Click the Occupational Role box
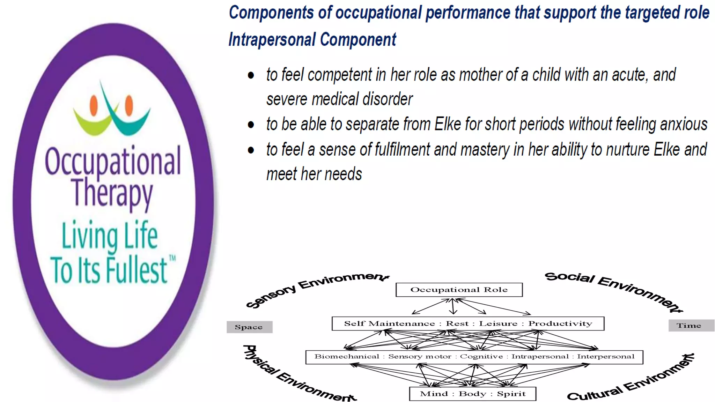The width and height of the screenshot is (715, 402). click(459, 290)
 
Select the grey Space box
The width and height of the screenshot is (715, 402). click(249, 327)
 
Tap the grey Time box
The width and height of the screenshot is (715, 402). click(691, 326)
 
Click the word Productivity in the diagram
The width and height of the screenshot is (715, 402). click(560, 323)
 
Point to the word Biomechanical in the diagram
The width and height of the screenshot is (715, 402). click(346, 357)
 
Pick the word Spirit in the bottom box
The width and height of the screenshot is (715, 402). click(511, 394)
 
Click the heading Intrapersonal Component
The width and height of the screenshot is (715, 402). click(312, 39)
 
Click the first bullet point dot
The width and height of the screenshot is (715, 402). click(251, 75)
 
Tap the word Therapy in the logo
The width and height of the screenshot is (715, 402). click(112, 193)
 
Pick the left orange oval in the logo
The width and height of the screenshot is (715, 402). click(94, 105)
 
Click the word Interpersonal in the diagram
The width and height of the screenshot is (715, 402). click(606, 357)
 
